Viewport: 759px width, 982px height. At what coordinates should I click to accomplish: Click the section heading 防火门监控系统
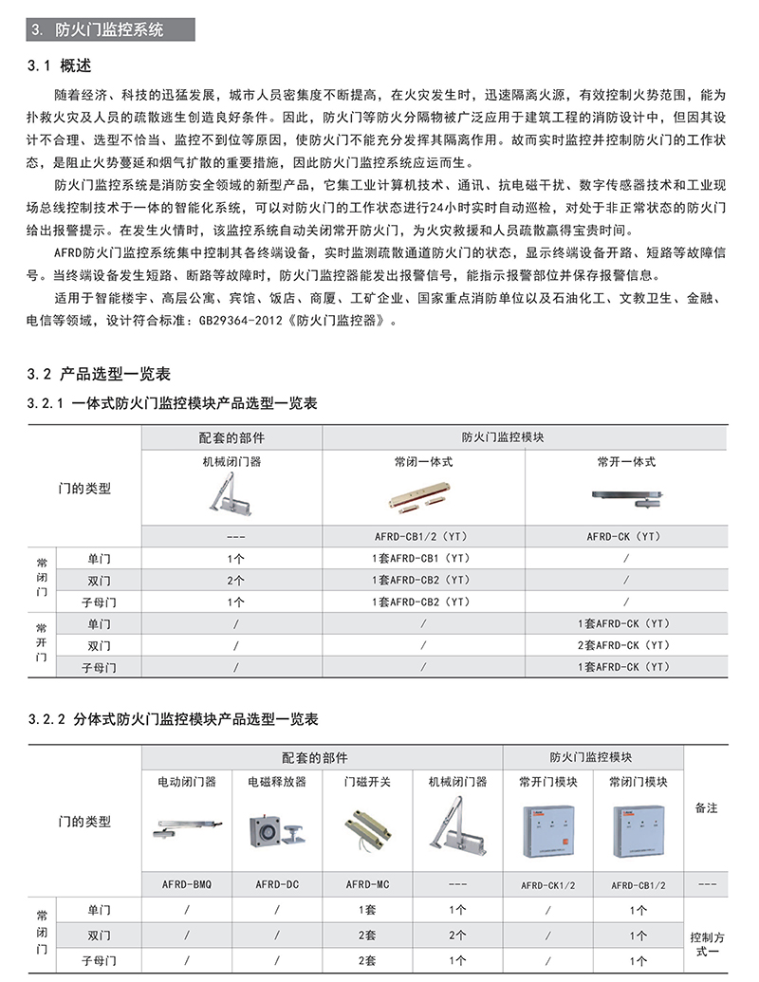(109, 29)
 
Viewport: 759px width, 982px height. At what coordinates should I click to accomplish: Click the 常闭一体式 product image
(422, 499)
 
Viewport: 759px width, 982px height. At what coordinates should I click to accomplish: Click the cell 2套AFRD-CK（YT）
(624, 645)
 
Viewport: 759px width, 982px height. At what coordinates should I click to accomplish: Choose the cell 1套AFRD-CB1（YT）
(422, 558)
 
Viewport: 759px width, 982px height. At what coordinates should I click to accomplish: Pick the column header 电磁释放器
(277, 782)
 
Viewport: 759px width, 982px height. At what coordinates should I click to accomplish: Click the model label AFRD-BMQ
(187, 884)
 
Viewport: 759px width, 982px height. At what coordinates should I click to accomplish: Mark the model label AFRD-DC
(277, 884)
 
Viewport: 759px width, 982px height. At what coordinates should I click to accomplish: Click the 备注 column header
(706, 808)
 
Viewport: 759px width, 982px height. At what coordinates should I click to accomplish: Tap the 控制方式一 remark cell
(706, 942)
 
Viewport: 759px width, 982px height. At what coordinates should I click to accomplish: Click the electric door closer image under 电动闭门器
(187, 830)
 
